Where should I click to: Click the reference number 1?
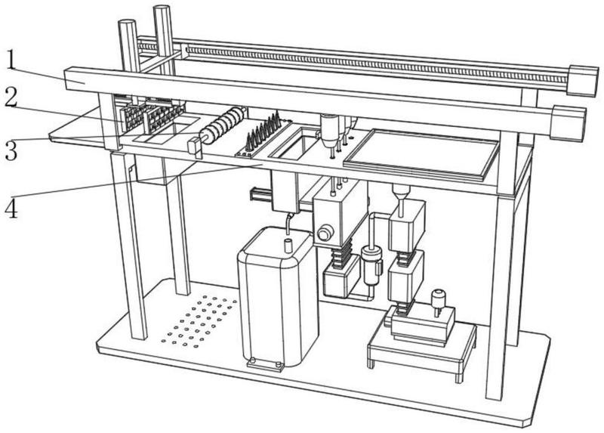point(13,58)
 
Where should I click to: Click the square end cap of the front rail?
point(568,122)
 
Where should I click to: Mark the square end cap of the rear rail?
point(582,81)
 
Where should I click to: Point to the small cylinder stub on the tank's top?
point(288,244)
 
